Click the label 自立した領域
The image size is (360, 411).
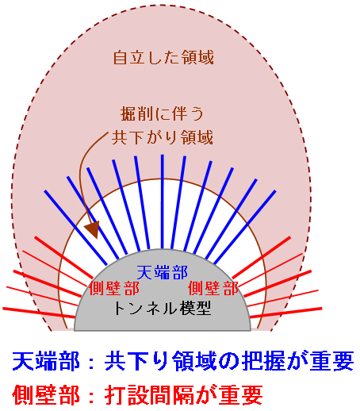[x=163, y=57]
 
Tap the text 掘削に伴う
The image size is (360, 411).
[x=163, y=114]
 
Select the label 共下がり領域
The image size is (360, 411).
[x=163, y=137]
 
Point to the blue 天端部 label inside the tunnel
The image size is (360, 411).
[x=163, y=272]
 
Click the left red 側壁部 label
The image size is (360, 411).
[x=114, y=288]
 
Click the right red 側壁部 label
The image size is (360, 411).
[x=213, y=288]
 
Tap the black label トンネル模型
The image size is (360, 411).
[x=163, y=308]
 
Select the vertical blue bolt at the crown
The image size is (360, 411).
[x=163, y=202]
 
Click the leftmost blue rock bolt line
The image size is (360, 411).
[x=75, y=228]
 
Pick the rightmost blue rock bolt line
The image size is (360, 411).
[x=245, y=227]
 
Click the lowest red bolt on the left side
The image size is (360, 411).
[x=39, y=313]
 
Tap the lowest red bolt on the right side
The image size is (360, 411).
[x=285, y=313]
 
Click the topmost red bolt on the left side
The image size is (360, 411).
[x=63, y=257]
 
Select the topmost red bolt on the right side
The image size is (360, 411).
[x=262, y=257]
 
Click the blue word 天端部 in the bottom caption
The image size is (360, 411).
[x=46, y=361]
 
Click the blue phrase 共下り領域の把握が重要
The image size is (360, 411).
[x=229, y=361]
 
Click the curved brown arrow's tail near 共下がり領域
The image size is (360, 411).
[x=108, y=133]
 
